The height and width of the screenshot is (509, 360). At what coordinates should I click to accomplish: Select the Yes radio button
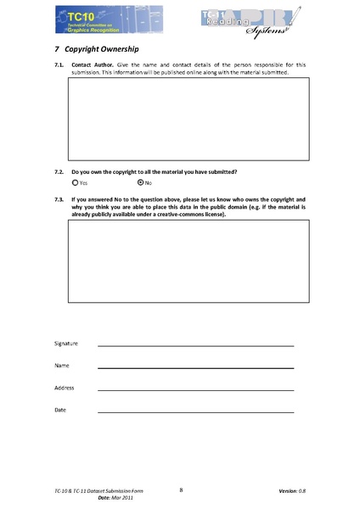point(76,182)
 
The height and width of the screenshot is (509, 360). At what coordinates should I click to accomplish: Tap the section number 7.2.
point(59,172)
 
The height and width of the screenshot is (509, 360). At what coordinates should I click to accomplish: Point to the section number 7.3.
point(59,199)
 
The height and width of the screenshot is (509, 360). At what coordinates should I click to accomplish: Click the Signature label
point(66,343)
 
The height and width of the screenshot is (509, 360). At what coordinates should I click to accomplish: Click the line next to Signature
point(195,346)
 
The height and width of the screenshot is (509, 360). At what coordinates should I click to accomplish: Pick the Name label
point(62,365)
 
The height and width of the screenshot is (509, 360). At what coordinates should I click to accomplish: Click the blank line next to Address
point(195,390)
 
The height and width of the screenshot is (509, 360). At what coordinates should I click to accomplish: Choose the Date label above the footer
point(60,410)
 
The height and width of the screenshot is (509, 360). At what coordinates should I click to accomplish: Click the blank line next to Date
point(195,412)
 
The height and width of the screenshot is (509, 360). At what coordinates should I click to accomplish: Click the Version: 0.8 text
point(291,492)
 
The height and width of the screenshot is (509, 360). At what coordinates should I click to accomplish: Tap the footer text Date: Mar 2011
point(115,499)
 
